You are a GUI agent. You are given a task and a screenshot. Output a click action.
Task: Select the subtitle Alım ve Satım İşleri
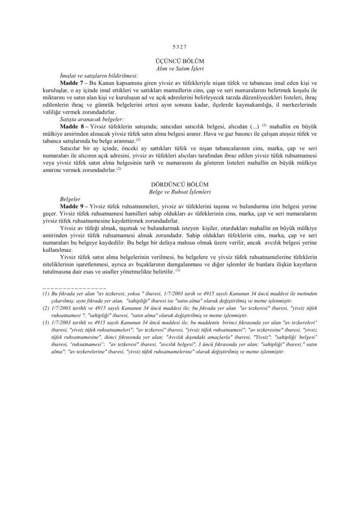click(180, 68)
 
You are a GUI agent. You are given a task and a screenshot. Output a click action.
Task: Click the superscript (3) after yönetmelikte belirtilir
click(178, 270)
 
